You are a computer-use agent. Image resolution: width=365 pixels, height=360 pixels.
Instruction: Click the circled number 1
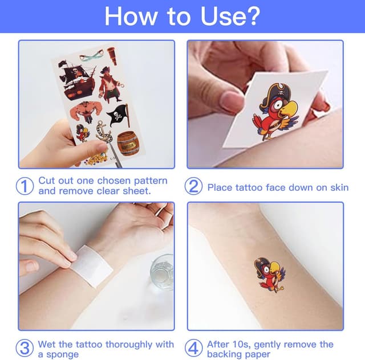coord(25,186)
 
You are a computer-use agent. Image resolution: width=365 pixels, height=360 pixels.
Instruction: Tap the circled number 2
coord(193,186)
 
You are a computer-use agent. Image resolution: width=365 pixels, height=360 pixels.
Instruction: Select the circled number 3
coord(25,348)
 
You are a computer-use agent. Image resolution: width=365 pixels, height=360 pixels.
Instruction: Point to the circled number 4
coord(193,348)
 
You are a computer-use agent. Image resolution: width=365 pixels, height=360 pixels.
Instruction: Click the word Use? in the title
coord(230,17)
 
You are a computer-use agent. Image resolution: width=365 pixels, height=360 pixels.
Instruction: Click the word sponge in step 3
coord(62,355)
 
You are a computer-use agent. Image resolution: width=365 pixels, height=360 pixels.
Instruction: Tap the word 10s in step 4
coord(241,344)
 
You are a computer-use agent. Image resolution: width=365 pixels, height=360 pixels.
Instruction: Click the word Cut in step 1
coord(47,181)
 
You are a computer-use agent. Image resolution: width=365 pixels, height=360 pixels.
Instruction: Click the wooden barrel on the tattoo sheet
coord(128,144)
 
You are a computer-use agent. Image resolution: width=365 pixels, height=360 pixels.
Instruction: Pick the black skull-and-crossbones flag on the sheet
coord(119,115)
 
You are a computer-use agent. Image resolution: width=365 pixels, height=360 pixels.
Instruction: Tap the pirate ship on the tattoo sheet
coord(77,80)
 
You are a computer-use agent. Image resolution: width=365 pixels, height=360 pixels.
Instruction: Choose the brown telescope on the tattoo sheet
coord(112,56)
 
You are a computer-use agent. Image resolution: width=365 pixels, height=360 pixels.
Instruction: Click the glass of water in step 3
coord(162,271)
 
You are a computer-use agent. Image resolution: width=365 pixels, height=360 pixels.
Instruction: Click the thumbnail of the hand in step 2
coord(230,101)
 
